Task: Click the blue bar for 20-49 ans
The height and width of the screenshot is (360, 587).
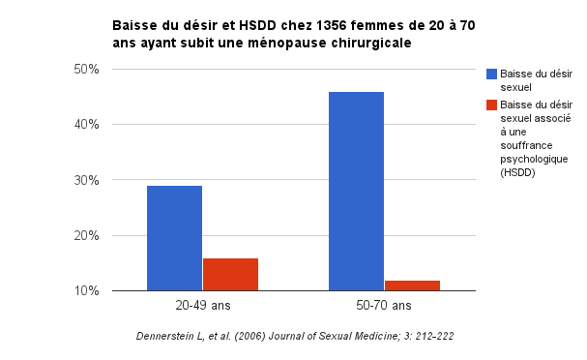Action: pos(174,238)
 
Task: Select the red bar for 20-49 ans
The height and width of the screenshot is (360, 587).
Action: pos(230,274)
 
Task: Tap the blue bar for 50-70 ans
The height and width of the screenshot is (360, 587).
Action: pos(356,192)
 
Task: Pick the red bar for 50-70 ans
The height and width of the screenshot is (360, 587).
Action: pos(412,285)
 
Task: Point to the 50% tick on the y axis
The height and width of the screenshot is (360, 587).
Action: pos(87,70)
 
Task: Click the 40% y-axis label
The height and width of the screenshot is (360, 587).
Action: pos(87,125)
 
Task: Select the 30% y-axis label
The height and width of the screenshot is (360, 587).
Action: pos(87,180)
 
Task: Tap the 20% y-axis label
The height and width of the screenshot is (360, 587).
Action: pos(87,235)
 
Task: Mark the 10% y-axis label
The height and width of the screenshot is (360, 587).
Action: pos(87,291)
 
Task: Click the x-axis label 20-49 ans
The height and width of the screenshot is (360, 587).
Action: pos(202,306)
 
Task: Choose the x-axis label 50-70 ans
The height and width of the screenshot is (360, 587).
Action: pos(384,306)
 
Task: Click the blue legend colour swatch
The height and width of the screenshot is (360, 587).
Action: pos(491,75)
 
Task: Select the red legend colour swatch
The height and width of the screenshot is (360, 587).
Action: pos(491,105)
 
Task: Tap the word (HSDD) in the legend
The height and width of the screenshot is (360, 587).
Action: pos(517,173)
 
